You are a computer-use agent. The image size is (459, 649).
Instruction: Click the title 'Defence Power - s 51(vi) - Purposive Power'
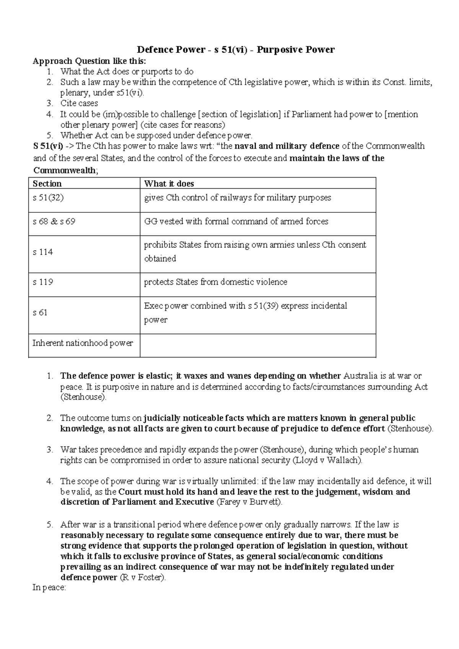[x=236, y=50]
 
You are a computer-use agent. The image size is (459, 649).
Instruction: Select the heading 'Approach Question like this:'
[x=89, y=61]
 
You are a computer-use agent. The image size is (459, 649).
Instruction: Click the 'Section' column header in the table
[x=47, y=184]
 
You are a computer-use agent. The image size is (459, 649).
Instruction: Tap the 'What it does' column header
[x=169, y=184]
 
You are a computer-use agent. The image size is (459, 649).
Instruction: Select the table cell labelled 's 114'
[x=43, y=252]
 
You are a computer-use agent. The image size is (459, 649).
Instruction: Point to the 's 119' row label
[x=43, y=282]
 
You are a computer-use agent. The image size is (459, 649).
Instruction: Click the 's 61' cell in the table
[x=40, y=313]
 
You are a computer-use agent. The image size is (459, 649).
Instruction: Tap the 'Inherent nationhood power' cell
[x=83, y=343]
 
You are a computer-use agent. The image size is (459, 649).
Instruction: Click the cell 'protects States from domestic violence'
[x=215, y=282]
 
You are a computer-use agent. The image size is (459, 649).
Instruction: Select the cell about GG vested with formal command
[x=236, y=222]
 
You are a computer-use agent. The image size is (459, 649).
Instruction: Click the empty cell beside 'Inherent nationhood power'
[x=257, y=345]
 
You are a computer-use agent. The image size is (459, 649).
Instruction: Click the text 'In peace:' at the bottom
[x=49, y=588]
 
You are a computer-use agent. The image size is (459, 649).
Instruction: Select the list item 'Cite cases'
[x=79, y=103]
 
